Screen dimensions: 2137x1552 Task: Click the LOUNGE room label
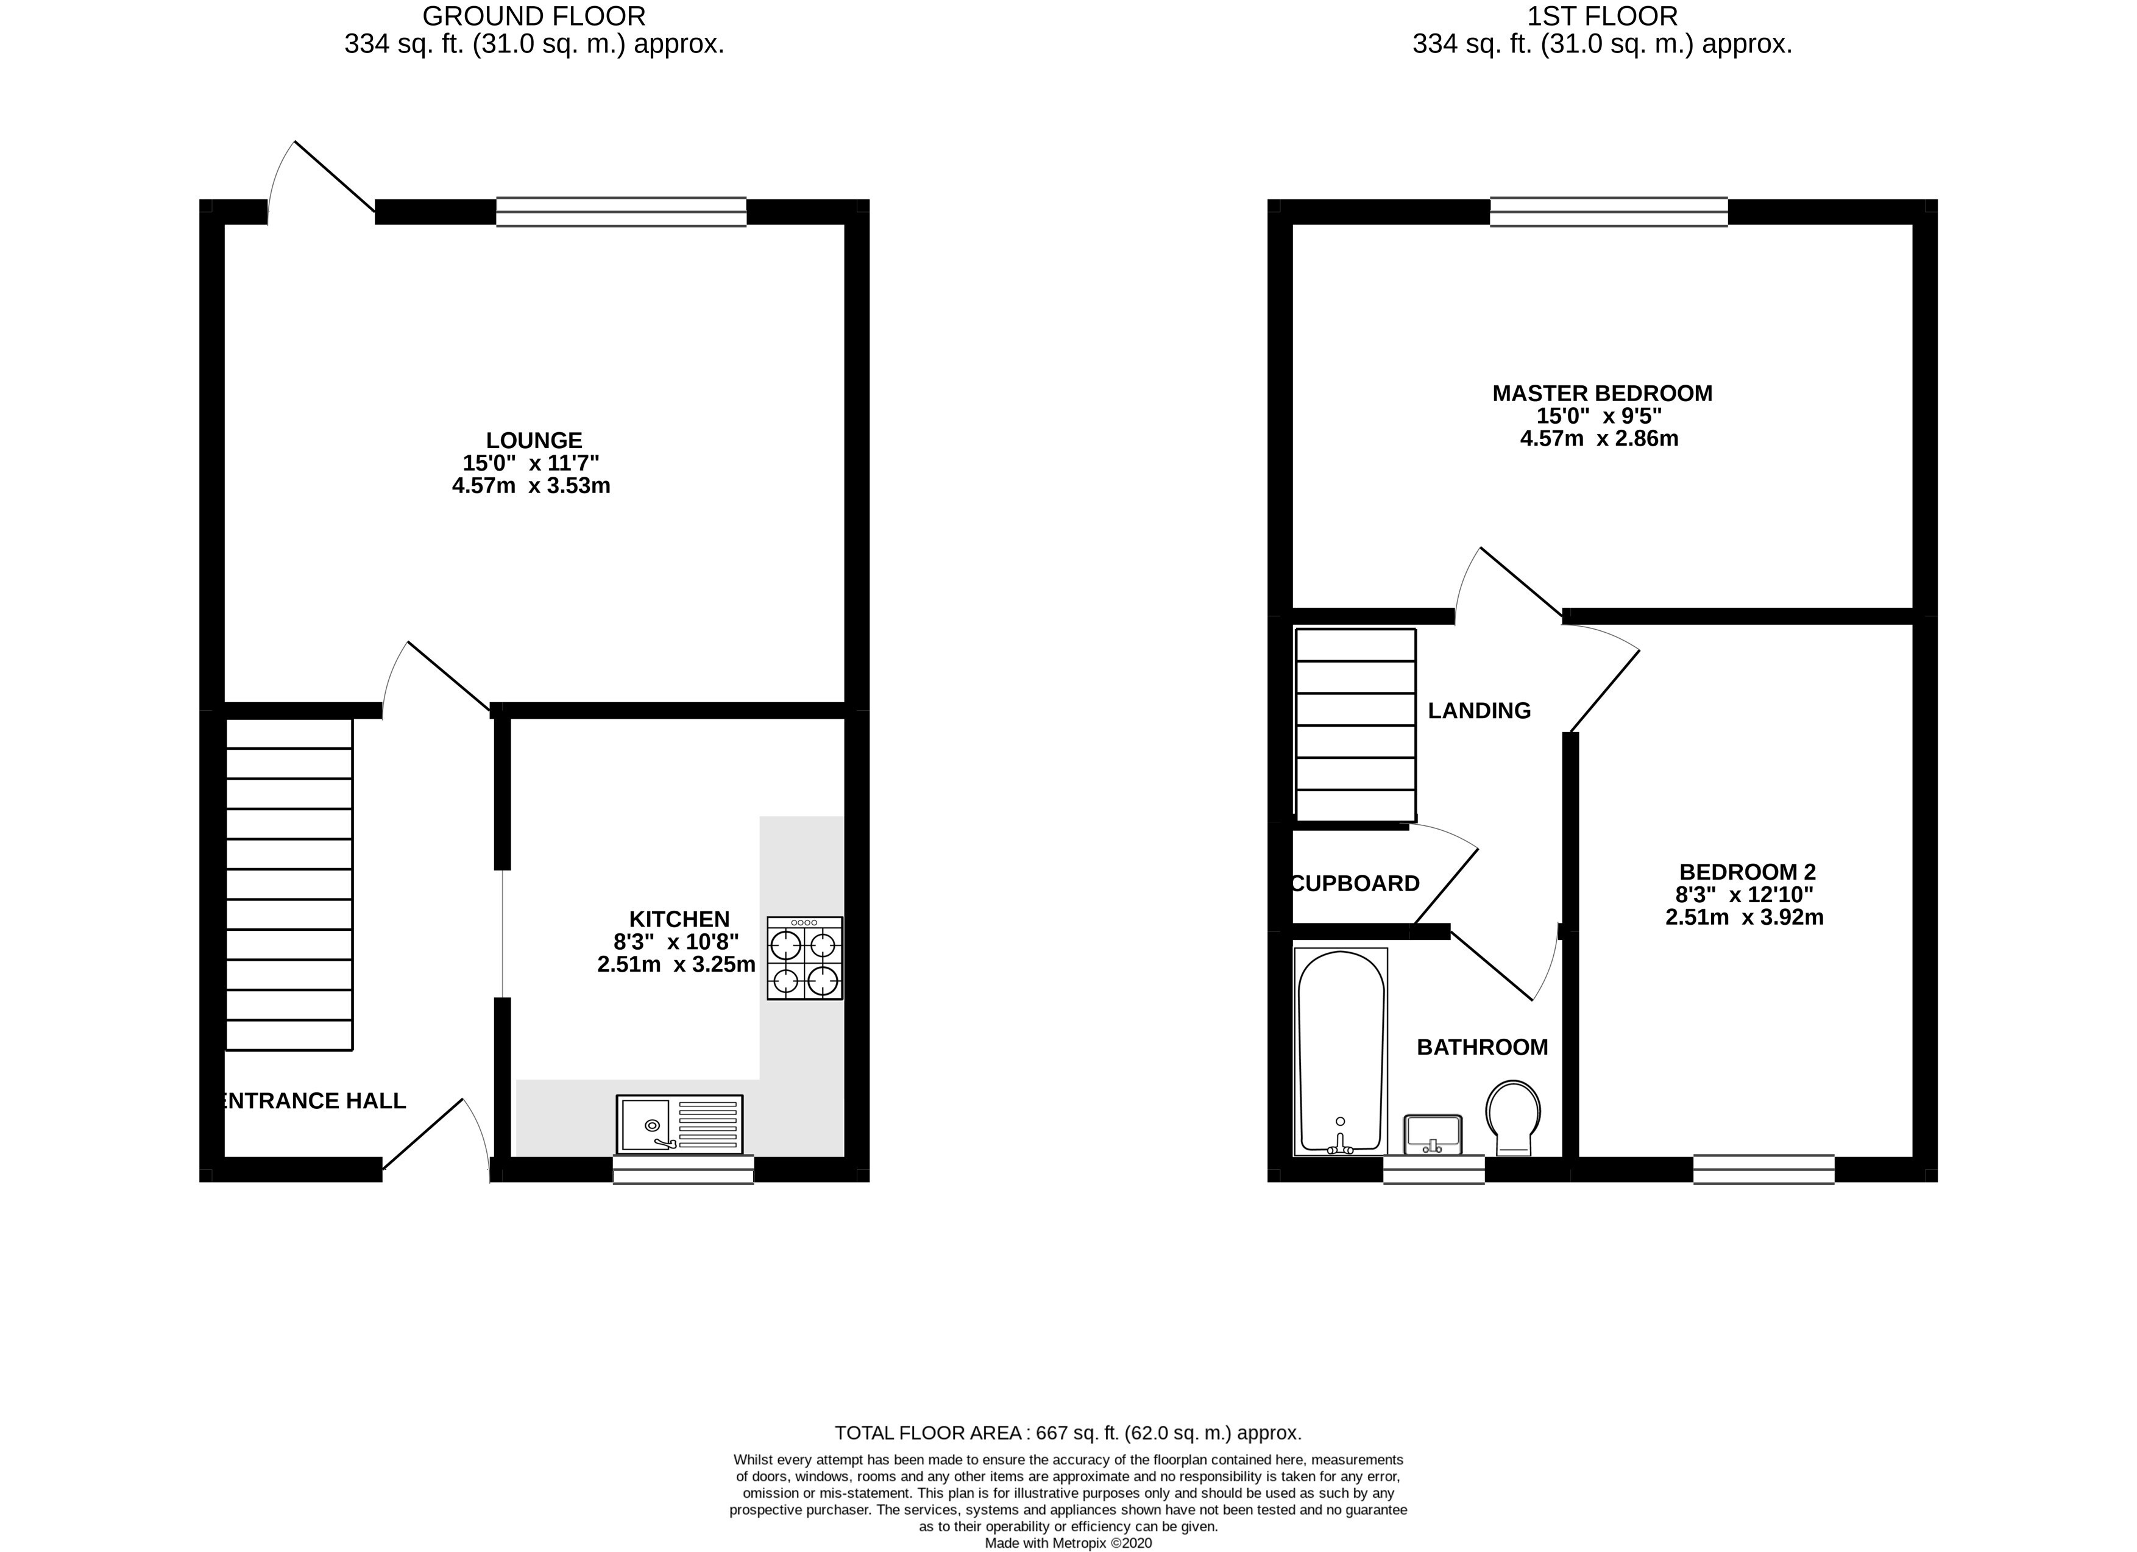(534, 440)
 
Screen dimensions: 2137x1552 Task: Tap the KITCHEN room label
(679, 919)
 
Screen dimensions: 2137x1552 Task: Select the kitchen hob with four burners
(805, 958)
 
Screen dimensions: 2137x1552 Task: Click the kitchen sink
(679, 1123)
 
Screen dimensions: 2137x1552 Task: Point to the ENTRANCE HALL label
(312, 1101)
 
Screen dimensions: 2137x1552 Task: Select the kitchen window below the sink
(683, 1169)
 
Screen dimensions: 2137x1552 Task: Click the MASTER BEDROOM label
(1602, 393)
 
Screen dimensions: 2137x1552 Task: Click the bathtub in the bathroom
(1341, 1052)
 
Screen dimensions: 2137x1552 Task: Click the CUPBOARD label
(1355, 883)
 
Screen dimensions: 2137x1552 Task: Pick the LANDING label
(1480, 711)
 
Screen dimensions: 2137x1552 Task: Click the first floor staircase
(1356, 725)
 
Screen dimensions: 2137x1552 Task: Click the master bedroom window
(1609, 212)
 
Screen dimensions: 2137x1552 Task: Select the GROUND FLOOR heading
(534, 16)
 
